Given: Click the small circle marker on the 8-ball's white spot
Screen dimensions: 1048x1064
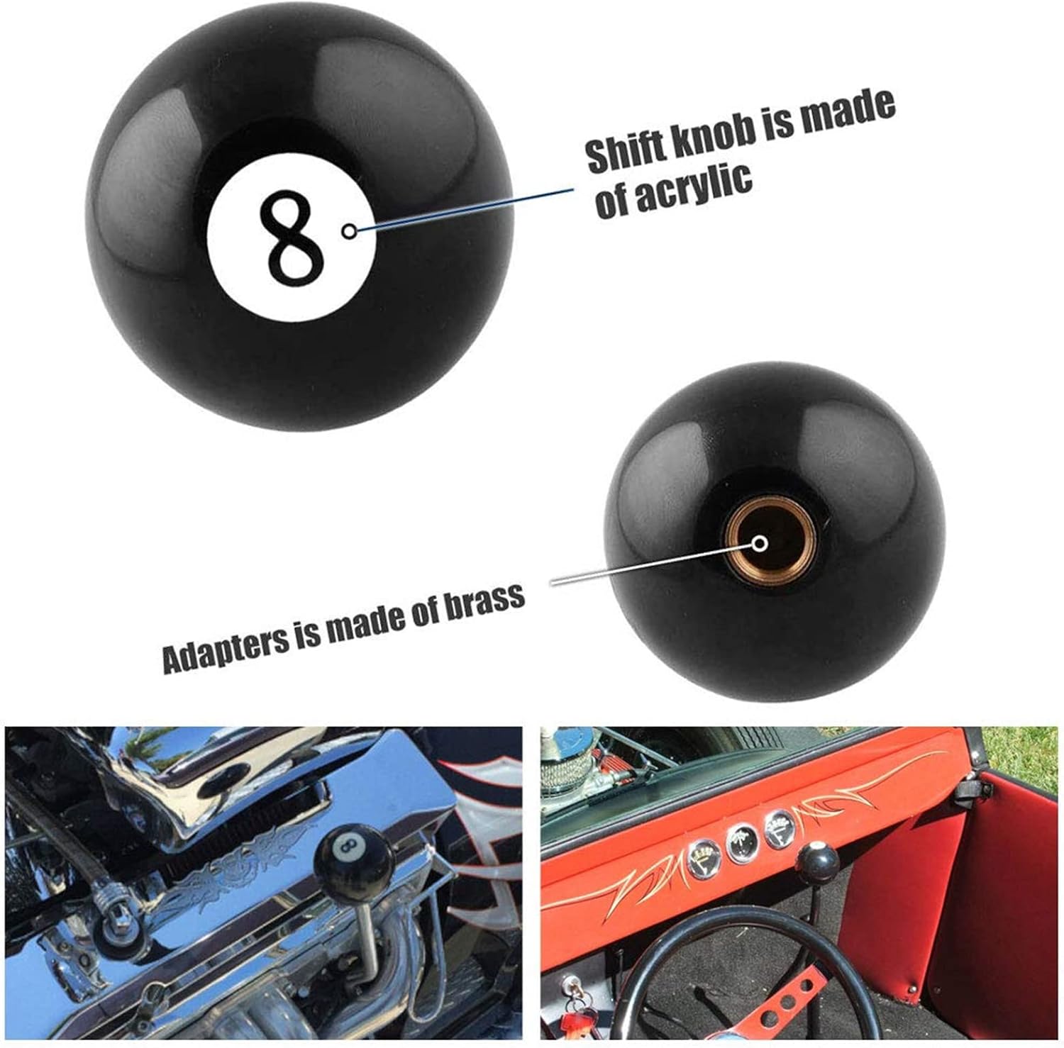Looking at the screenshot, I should (x=348, y=231).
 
